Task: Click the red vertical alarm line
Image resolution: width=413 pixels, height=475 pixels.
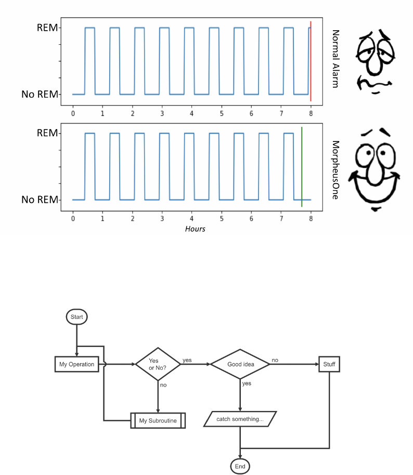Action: [x=311, y=62]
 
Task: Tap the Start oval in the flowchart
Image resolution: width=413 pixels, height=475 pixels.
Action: [x=76, y=316]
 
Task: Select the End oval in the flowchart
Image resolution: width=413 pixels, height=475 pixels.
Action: [x=240, y=466]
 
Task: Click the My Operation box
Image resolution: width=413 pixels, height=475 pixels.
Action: [x=77, y=364]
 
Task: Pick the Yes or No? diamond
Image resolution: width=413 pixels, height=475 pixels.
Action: [x=158, y=364]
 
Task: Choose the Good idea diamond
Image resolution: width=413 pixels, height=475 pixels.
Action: [x=240, y=364]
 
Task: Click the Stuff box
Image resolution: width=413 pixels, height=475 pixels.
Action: [x=329, y=364]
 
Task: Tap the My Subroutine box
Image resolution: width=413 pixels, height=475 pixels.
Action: [x=158, y=420]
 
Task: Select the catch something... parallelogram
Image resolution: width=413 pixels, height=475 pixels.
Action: [x=240, y=419]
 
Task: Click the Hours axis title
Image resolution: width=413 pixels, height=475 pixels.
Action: [x=195, y=229]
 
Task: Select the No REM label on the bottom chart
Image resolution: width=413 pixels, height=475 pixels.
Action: [x=40, y=200]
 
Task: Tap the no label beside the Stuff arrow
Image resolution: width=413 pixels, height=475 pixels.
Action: [x=275, y=360]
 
